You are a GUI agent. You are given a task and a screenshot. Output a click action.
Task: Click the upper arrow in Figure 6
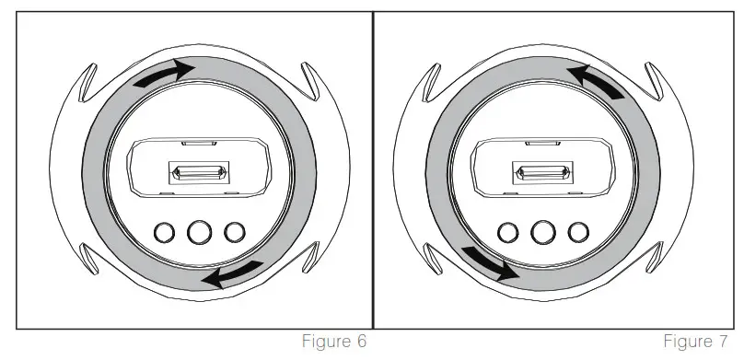coord(164,75)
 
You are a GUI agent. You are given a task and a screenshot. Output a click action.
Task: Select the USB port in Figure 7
coord(543,172)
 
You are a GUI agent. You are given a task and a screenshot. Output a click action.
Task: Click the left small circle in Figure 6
coord(167,231)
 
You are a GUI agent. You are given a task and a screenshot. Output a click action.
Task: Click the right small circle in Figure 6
coord(236,231)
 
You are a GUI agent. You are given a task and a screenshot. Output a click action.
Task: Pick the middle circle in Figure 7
coord(543,231)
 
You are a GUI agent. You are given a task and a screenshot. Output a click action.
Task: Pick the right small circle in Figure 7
coord(578,231)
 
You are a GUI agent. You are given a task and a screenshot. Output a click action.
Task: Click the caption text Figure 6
coord(336,343)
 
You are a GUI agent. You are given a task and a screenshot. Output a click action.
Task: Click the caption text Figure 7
coord(700,343)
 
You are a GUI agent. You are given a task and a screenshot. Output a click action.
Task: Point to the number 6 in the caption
coord(363,343)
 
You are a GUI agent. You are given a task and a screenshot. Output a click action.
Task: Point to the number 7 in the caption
coord(727,343)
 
